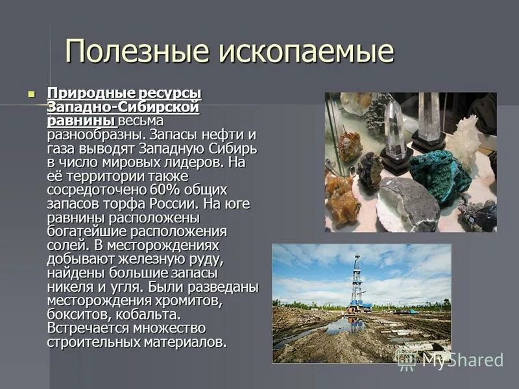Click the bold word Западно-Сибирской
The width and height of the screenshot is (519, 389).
click(x=123, y=108)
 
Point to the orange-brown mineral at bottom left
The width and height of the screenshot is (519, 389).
click(x=341, y=198)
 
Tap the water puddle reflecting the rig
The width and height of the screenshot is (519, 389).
click(x=344, y=327)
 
